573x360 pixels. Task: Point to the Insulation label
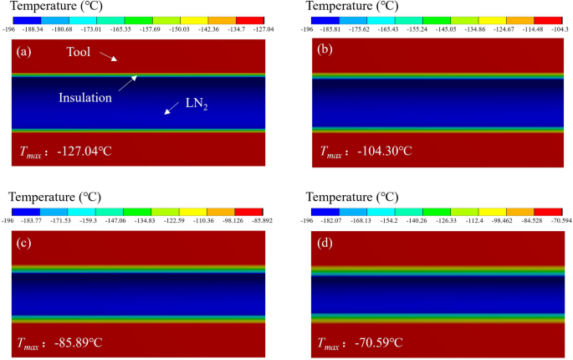tap(84, 98)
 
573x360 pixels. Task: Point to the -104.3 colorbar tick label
tap(553, 28)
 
